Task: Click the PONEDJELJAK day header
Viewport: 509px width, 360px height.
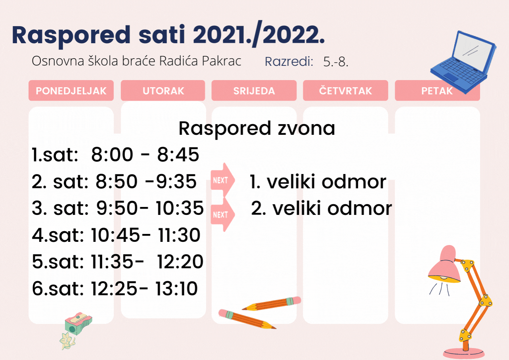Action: pyautogui.click(x=71, y=90)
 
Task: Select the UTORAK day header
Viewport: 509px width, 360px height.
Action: pyautogui.click(x=163, y=90)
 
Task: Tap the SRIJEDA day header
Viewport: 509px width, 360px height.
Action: pyautogui.click(x=254, y=90)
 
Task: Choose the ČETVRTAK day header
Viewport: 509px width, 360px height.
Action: pyautogui.click(x=345, y=90)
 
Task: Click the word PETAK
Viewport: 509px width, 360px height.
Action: pyautogui.click(x=437, y=91)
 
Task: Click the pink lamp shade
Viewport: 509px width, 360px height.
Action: pyautogui.click(x=444, y=265)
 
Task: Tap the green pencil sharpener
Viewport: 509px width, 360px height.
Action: pyautogui.click(x=78, y=324)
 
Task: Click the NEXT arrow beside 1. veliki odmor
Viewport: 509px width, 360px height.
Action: pyautogui.click(x=222, y=180)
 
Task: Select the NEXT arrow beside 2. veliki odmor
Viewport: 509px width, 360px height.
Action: pyautogui.click(x=222, y=214)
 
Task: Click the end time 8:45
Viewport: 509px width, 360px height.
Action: pyautogui.click(x=178, y=155)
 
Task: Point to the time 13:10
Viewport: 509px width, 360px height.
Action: pyautogui.click(x=176, y=288)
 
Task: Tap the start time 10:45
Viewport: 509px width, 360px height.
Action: pyautogui.click(x=115, y=235)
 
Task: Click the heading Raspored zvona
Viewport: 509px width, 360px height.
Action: pyautogui.click(x=257, y=128)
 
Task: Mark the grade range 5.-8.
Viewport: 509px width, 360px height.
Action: pyautogui.click(x=336, y=61)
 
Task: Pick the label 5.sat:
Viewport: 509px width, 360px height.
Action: pyautogui.click(x=58, y=262)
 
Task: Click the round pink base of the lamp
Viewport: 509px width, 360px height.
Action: pyautogui.click(x=463, y=353)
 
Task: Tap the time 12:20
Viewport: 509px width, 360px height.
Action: pyautogui.click(x=180, y=262)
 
